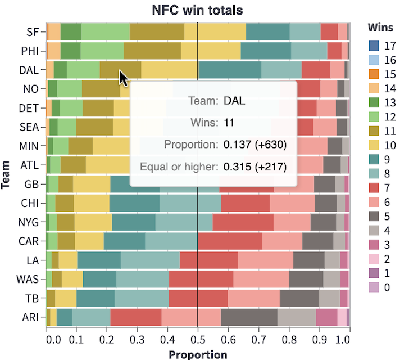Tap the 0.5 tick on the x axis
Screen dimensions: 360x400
point(198,340)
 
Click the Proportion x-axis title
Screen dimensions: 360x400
point(198,354)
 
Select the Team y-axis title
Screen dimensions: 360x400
point(7,174)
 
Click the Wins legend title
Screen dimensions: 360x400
point(379,27)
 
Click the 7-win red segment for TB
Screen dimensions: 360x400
point(198,298)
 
